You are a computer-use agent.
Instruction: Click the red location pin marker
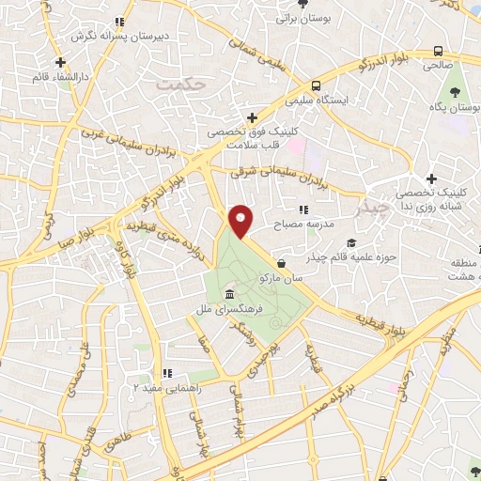(x=242, y=221)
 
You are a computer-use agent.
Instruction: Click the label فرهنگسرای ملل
(x=242, y=308)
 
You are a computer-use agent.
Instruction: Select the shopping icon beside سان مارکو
(x=282, y=264)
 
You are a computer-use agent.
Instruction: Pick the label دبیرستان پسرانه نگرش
(x=118, y=35)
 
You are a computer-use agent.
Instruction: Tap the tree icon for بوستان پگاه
(x=455, y=94)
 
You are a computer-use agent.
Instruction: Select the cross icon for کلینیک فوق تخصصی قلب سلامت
(x=251, y=116)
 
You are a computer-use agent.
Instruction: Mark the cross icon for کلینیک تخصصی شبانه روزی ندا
(x=431, y=178)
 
